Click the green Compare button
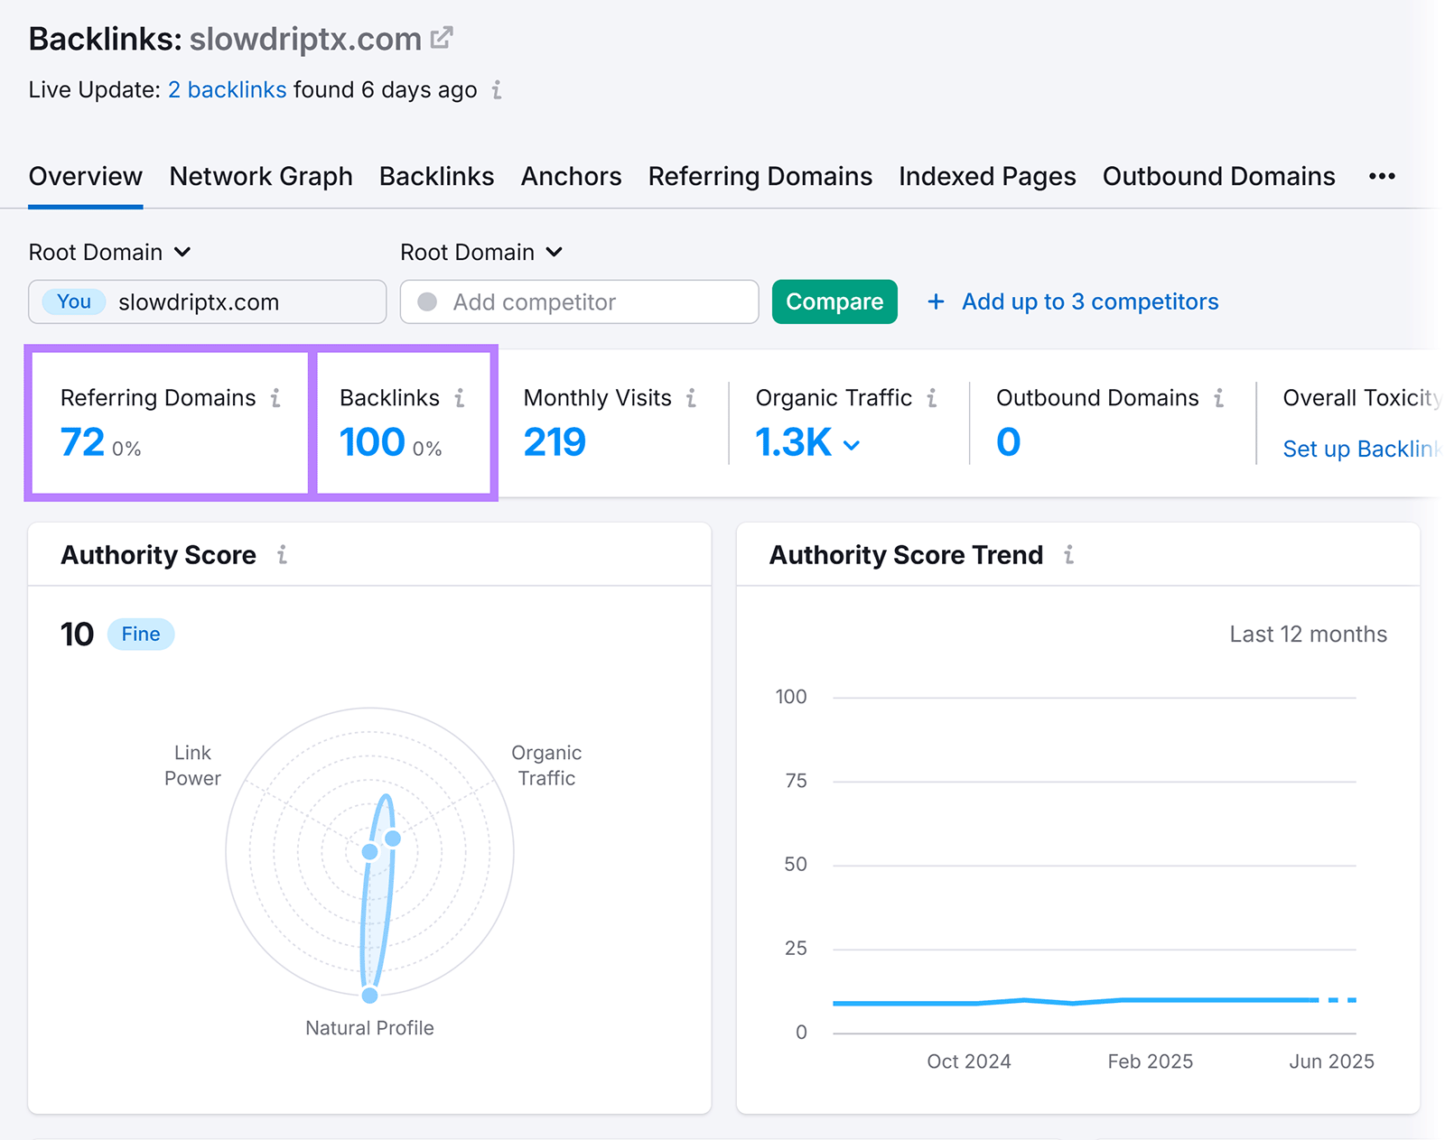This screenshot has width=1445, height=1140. [x=834, y=301]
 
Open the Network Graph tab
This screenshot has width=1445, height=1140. [x=261, y=176]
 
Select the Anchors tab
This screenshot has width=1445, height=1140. [x=571, y=176]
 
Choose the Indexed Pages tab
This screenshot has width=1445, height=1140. [x=987, y=176]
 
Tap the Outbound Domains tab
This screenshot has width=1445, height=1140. [x=1218, y=176]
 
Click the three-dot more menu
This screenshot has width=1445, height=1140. [x=1382, y=176]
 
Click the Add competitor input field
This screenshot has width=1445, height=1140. [x=579, y=301]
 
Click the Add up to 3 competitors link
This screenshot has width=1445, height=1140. [x=1089, y=301]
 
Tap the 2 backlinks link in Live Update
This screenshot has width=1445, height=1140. [x=227, y=90]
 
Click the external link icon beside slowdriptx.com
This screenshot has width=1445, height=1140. [x=442, y=38]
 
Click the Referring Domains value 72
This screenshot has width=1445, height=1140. [x=83, y=442]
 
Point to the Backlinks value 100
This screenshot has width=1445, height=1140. [x=372, y=442]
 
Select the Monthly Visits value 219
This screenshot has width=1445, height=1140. [x=555, y=442]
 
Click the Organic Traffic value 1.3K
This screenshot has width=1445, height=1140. [x=794, y=442]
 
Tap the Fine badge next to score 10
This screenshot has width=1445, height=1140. [x=141, y=634]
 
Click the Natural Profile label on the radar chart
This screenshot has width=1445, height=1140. [x=369, y=1028]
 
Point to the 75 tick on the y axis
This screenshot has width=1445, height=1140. [x=796, y=781]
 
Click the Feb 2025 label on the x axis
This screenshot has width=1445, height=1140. [x=1150, y=1061]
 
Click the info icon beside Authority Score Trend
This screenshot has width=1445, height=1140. [x=1069, y=555]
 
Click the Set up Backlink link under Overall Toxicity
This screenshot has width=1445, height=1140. [x=1360, y=449]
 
